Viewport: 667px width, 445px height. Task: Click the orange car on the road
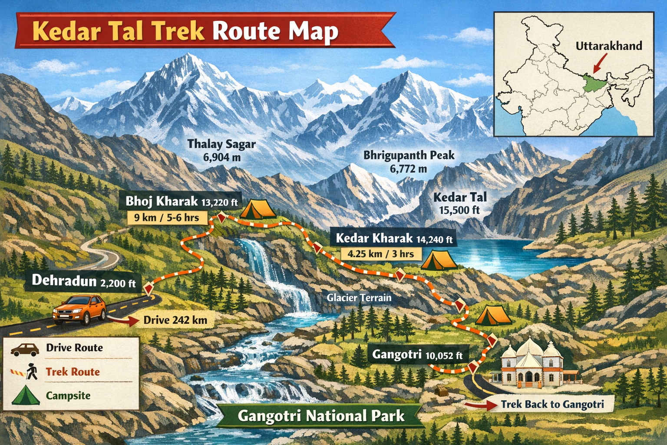coord(79,309)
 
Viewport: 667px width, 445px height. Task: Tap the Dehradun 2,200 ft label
coord(84,281)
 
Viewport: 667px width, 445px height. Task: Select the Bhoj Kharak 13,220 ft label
coord(182,202)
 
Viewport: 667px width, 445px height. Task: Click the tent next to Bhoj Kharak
coord(258,209)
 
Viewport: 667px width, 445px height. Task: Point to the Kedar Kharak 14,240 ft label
coord(394,238)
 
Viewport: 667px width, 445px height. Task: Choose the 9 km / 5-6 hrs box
coord(166,217)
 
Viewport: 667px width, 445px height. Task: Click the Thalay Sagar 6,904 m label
coord(221,150)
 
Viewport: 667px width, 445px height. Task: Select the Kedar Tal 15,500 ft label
coord(460,203)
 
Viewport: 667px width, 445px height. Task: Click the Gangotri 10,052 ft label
coord(417,355)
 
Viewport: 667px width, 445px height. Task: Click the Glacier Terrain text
coord(359,298)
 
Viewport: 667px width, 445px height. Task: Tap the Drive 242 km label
coord(175,320)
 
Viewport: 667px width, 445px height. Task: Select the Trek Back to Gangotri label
coord(552,405)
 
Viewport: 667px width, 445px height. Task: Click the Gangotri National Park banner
coord(321,416)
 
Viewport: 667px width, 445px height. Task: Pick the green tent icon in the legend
coord(26,395)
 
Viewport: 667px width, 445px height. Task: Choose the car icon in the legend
coord(25,349)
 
